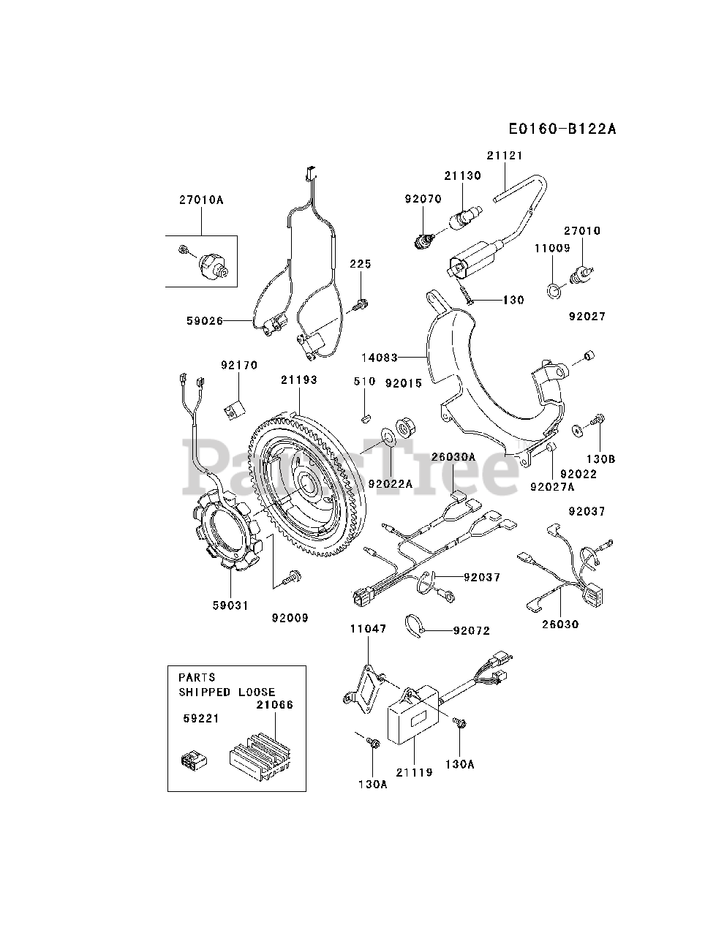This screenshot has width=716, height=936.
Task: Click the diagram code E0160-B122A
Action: click(x=562, y=129)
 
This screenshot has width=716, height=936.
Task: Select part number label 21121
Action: click(x=505, y=156)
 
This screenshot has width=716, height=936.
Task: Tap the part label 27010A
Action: click(x=201, y=200)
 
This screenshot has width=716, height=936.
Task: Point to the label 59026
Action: click(x=205, y=321)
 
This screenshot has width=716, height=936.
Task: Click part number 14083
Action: click(x=380, y=358)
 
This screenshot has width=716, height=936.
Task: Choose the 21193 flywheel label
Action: click(x=299, y=380)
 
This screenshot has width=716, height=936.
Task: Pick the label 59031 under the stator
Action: click(x=230, y=605)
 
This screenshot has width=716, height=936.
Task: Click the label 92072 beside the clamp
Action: click(x=472, y=630)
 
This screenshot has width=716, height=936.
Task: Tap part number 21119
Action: click(x=414, y=772)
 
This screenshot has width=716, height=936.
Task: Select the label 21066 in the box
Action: click(x=275, y=705)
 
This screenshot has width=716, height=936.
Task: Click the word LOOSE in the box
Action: click(x=257, y=692)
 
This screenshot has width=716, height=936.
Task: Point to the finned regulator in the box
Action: click(x=260, y=757)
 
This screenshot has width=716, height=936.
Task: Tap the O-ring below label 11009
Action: click(x=554, y=291)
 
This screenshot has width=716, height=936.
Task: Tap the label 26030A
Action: click(x=453, y=457)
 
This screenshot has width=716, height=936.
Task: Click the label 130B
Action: click(x=601, y=459)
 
